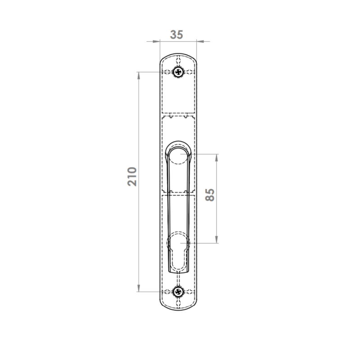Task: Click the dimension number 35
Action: [176, 35]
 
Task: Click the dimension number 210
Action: [132, 176]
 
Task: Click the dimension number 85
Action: [210, 195]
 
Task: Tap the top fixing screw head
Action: [178, 72]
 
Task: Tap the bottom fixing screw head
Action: [178, 292]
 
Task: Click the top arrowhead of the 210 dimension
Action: [139, 76]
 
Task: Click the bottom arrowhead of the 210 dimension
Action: [139, 288]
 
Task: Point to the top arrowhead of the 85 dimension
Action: [216, 158]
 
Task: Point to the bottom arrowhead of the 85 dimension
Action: [216, 239]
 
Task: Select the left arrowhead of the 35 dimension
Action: [156, 41]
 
